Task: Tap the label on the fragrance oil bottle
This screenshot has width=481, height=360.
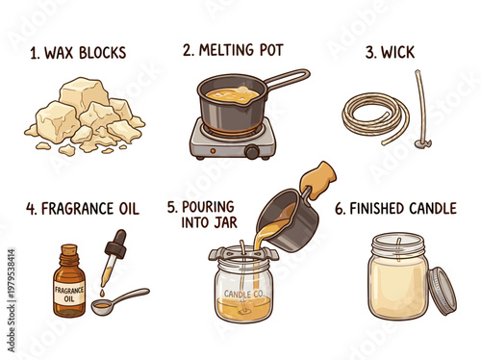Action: point(69,293)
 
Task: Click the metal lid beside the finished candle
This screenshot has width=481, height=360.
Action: point(443,290)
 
